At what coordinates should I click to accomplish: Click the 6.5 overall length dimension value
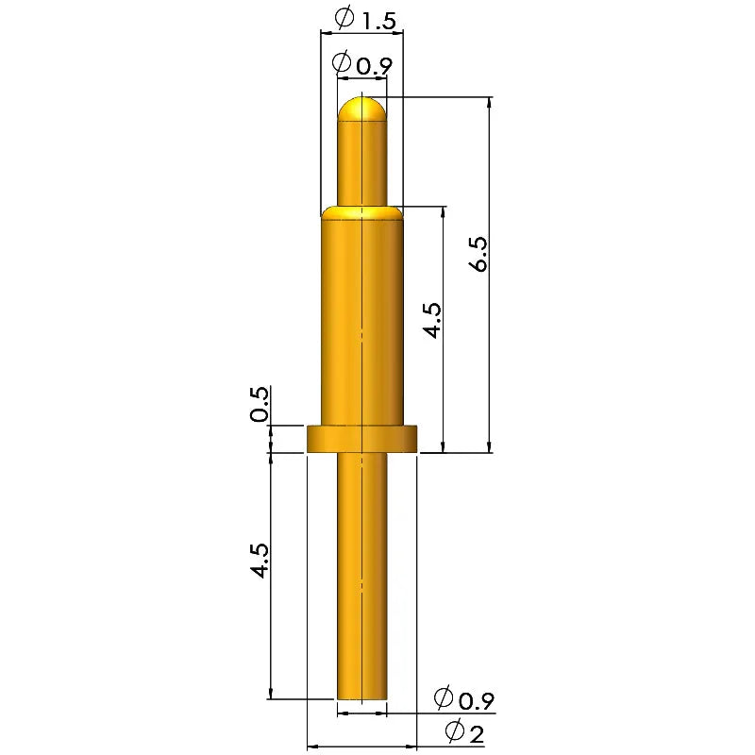click(x=479, y=254)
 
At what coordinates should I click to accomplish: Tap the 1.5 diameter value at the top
click(x=378, y=22)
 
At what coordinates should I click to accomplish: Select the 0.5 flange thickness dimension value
click(x=260, y=404)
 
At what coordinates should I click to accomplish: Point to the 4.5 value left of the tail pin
click(x=260, y=561)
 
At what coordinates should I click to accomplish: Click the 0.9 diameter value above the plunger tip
click(x=375, y=66)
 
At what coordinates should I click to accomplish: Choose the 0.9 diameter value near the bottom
click(x=477, y=701)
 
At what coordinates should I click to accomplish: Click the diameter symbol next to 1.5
click(x=344, y=19)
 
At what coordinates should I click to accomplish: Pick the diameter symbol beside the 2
click(x=455, y=730)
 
